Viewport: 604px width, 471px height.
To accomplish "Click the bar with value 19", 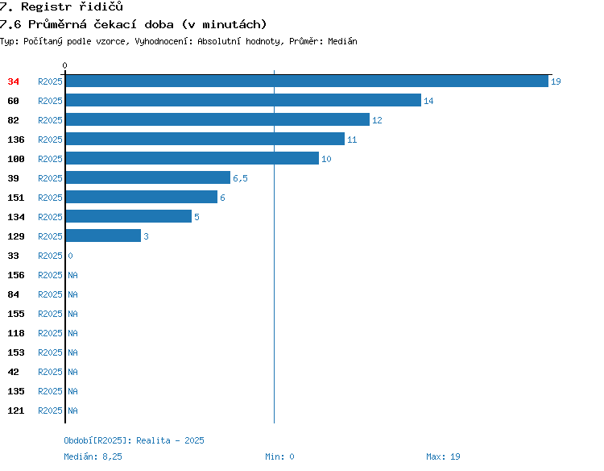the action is (307, 81).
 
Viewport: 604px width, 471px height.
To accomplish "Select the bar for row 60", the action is (243, 100).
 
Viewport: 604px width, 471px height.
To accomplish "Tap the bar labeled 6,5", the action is (148, 177).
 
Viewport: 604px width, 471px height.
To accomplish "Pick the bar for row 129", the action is (103, 235).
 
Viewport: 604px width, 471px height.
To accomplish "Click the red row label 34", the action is (13, 81).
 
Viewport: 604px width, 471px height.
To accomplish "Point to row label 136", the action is (16, 140).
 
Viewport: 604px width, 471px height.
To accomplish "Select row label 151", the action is (16, 198).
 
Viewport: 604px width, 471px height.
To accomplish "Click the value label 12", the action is (377, 120).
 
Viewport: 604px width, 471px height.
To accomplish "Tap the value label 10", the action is (326, 159).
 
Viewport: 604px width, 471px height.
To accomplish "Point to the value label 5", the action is (197, 217).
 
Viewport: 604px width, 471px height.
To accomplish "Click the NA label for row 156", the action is (72, 275).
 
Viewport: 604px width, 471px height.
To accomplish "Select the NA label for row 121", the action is (72, 411).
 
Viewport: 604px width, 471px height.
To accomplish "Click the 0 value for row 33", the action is (70, 256).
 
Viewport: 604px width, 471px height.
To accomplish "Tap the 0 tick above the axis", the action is (64, 65).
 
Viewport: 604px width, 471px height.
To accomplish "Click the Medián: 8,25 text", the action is (93, 456).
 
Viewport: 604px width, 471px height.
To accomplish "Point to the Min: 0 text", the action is (279, 456).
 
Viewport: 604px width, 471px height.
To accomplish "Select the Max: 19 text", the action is (443, 456).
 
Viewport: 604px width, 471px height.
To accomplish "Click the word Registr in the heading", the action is (46, 6).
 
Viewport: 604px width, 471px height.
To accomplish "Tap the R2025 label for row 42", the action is (50, 372).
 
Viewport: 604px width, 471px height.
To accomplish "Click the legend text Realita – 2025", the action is (170, 440).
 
